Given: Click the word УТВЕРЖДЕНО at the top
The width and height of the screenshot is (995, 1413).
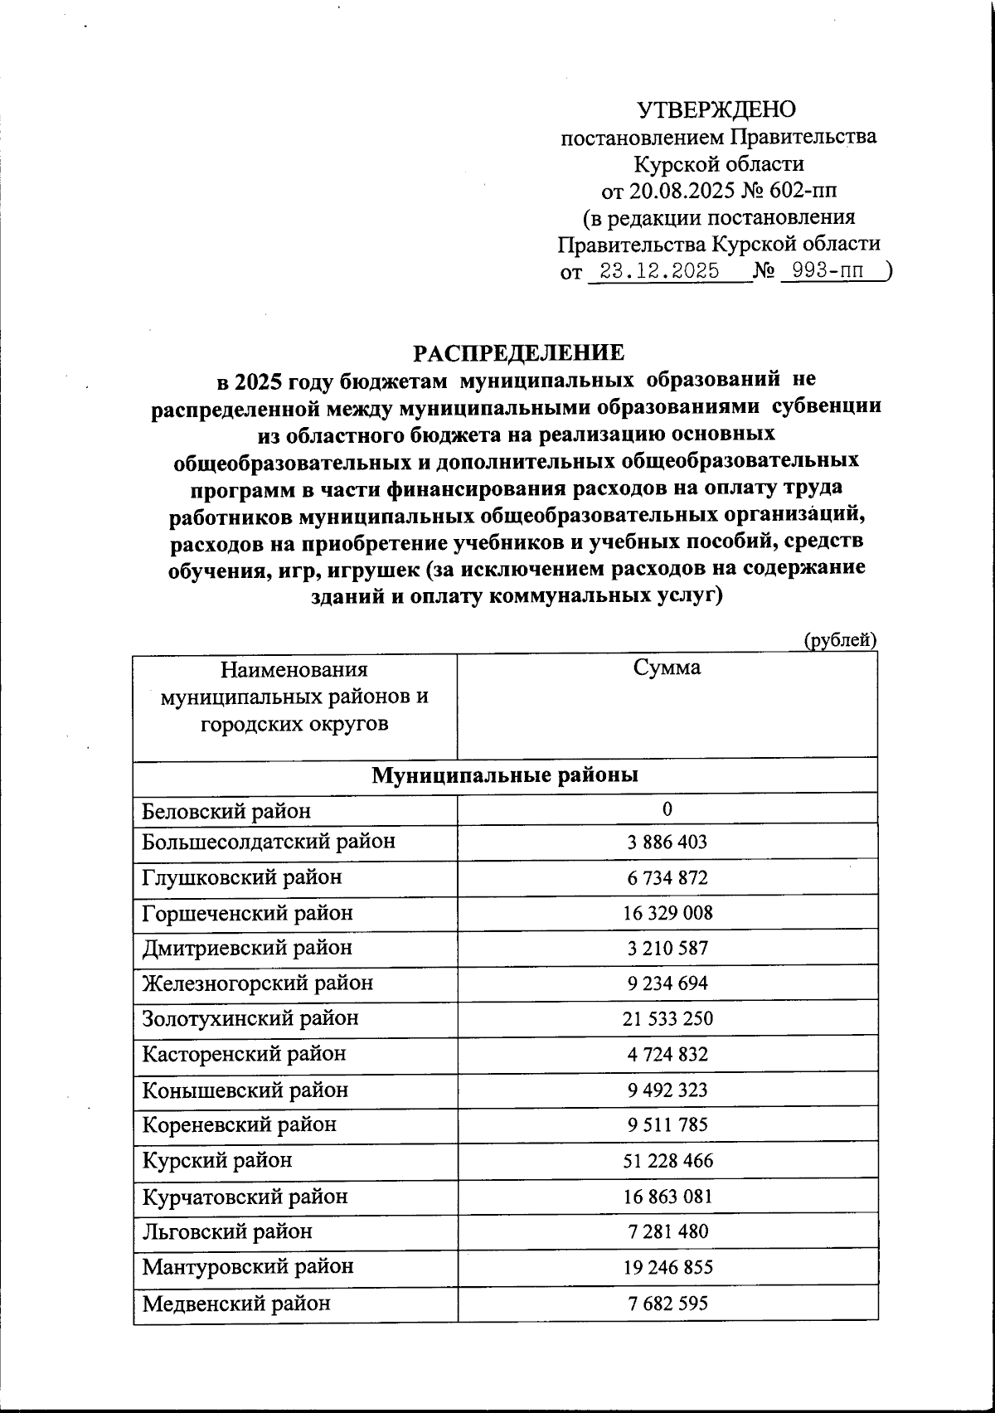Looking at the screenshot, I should click(x=716, y=109).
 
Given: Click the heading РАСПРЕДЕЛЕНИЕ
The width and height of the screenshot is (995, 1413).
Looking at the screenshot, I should click(x=519, y=352).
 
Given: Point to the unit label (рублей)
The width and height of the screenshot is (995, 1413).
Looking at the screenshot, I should click(x=840, y=639).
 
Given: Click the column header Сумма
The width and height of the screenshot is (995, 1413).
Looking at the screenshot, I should click(x=667, y=668).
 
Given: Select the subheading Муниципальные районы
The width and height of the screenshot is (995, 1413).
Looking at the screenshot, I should click(x=505, y=775).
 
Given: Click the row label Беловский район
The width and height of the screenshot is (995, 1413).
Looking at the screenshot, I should click(x=226, y=810).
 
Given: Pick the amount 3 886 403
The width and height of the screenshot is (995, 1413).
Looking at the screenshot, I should click(x=667, y=842).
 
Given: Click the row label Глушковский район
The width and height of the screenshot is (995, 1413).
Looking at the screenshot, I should click(x=242, y=877).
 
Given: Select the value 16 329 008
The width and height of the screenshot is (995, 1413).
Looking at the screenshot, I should click(x=667, y=913).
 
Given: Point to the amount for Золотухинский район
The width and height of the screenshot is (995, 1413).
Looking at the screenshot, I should click(x=667, y=1018).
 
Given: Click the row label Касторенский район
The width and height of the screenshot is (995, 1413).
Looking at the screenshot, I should click(x=244, y=1054).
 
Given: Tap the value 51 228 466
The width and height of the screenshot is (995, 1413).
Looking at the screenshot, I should click(x=667, y=1160).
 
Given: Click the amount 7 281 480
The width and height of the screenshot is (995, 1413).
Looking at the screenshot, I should click(x=667, y=1231).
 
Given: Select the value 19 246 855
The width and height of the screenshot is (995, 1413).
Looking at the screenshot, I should click(x=667, y=1267).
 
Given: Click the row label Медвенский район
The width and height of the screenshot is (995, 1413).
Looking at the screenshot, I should click(x=236, y=1303).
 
